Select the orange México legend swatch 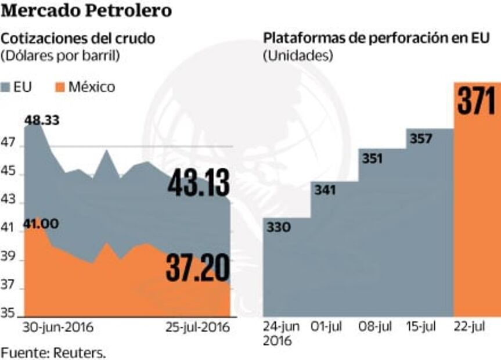[58, 88]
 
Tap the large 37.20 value [197, 268]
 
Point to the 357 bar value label [421, 139]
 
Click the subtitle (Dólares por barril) [60, 56]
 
